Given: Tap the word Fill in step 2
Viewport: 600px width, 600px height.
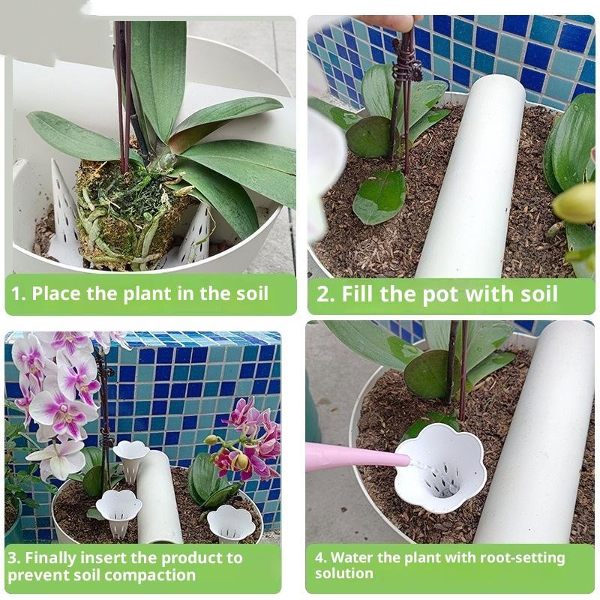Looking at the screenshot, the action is tap(357, 294).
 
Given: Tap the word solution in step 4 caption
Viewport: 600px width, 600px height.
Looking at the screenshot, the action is tap(344, 573).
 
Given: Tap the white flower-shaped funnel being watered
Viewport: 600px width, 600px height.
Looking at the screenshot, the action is tap(440, 467).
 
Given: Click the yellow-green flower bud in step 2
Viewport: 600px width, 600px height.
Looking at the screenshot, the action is tap(575, 203).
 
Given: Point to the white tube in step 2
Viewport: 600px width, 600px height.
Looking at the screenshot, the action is tap(472, 176).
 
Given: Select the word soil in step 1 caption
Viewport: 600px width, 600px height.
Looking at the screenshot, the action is tap(251, 294).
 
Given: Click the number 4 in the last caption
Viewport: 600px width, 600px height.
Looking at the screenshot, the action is tap(319, 557).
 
